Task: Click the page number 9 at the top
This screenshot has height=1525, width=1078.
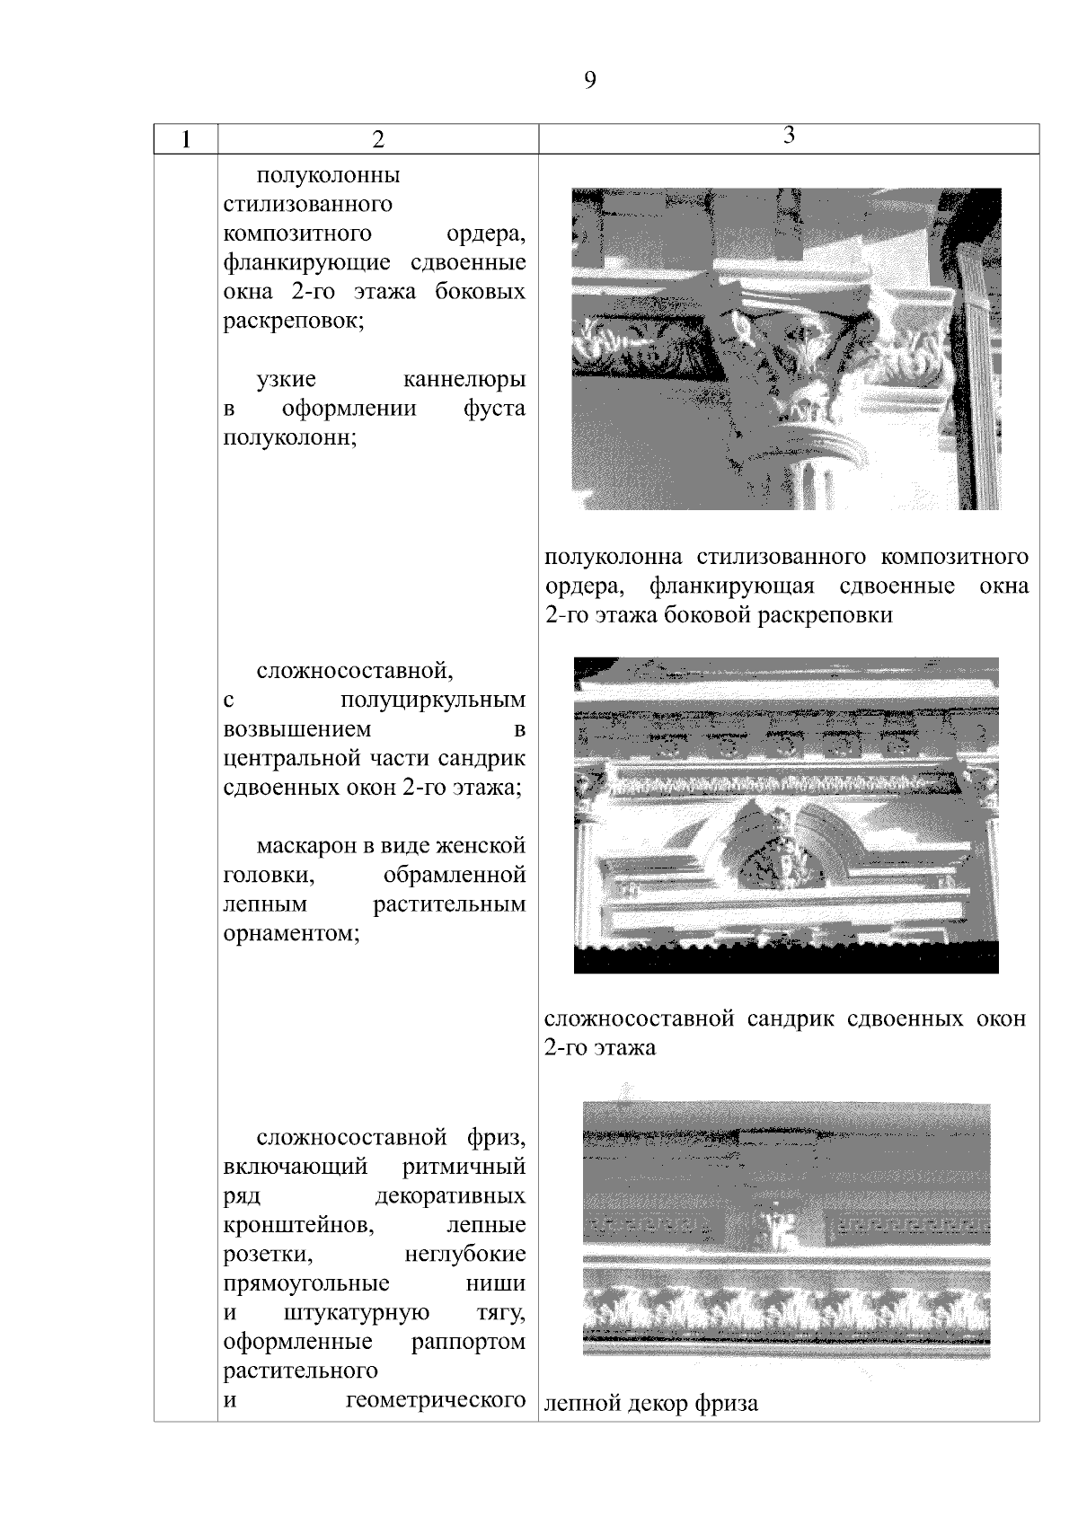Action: pyautogui.click(x=589, y=81)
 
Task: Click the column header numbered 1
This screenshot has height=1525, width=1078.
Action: pyautogui.click(x=185, y=139)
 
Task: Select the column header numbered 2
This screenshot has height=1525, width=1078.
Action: pyautogui.click(x=378, y=139)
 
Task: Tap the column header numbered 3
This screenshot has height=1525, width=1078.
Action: pyautogui.click(x=789, y=136)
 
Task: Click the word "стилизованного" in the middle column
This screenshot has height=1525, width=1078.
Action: pyautogui.click(x=307, y=204)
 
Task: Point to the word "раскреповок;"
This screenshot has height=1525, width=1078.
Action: pyautogui.click(x=294, y=321)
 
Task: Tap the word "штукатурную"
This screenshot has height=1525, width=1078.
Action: pyautogui.click(x=356, y=1313)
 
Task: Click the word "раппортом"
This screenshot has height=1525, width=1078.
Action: pyautogui.click(x=468, y=1343)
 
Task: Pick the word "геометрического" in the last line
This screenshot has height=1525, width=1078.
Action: pyautogui.click(x=436, y=1401)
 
